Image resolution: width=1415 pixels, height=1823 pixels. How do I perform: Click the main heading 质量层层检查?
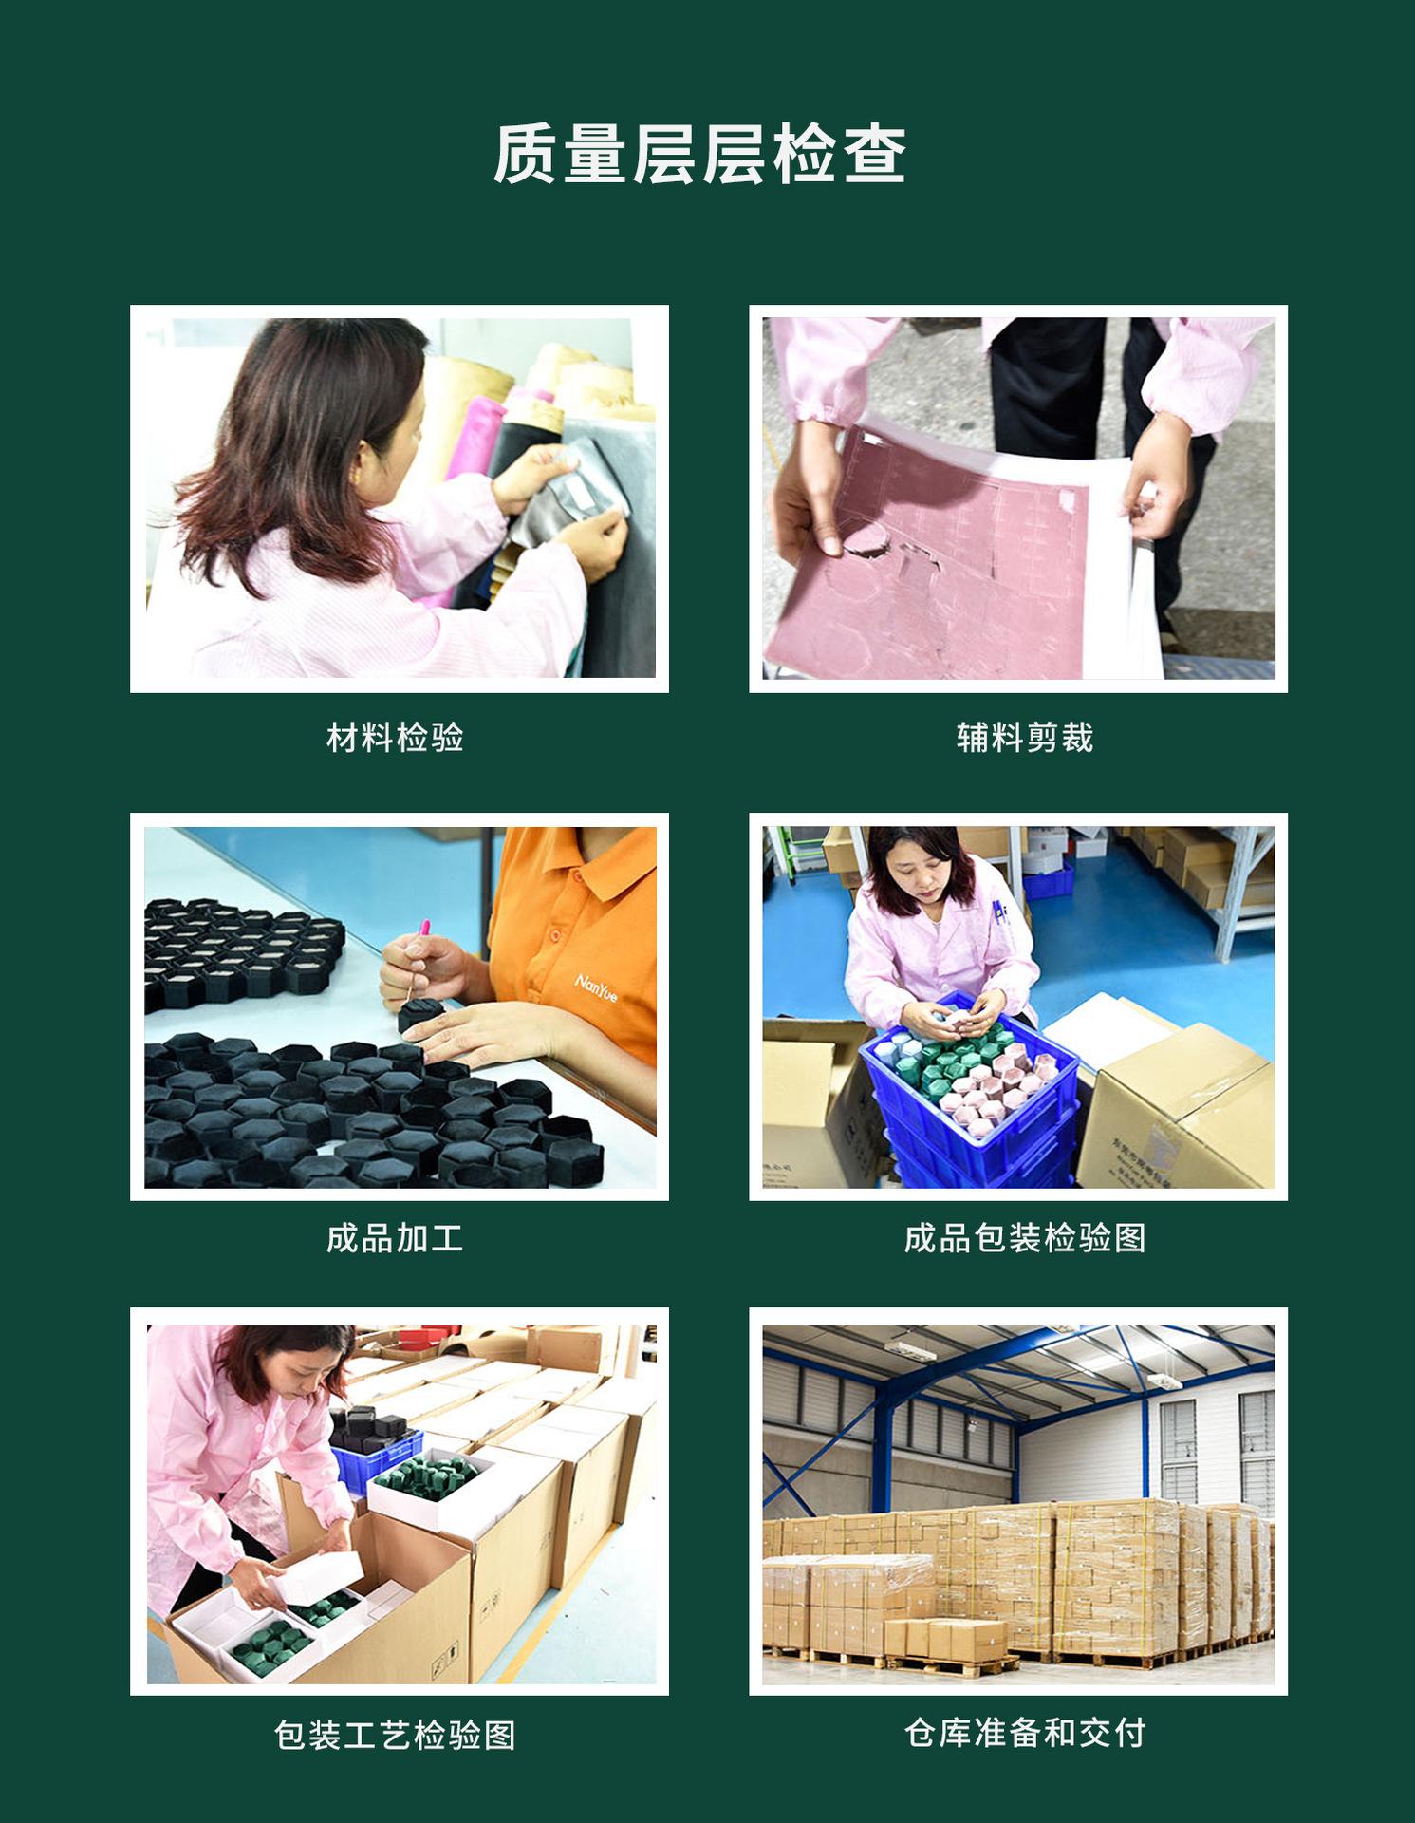click(699, 154)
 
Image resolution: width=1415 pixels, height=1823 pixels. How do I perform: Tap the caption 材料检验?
click(395, 737)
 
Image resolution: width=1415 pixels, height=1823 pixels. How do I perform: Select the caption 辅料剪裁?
click(1024, 737)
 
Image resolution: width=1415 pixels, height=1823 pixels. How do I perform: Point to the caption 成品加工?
click(395, 1238)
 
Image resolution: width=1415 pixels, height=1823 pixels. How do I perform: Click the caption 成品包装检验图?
click(1024, 1238)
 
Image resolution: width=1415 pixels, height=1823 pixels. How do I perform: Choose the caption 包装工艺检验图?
click(395, 1736)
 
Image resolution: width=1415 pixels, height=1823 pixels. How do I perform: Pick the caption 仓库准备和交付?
click(1024, 1733)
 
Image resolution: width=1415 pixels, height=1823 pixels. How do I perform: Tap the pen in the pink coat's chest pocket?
click(998, 911)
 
